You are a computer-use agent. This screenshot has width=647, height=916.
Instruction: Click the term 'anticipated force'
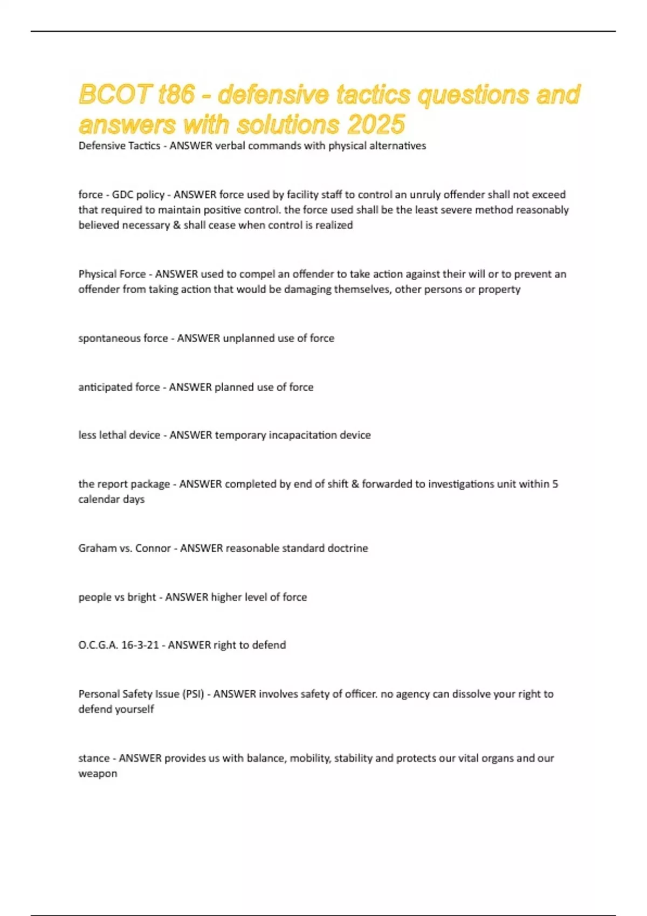click(119, 387)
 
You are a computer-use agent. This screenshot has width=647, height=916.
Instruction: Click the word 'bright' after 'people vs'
click(141, 597)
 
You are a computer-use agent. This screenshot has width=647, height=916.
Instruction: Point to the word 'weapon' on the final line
click(98, 774)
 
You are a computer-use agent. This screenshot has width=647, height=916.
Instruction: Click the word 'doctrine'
click(348, 548)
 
